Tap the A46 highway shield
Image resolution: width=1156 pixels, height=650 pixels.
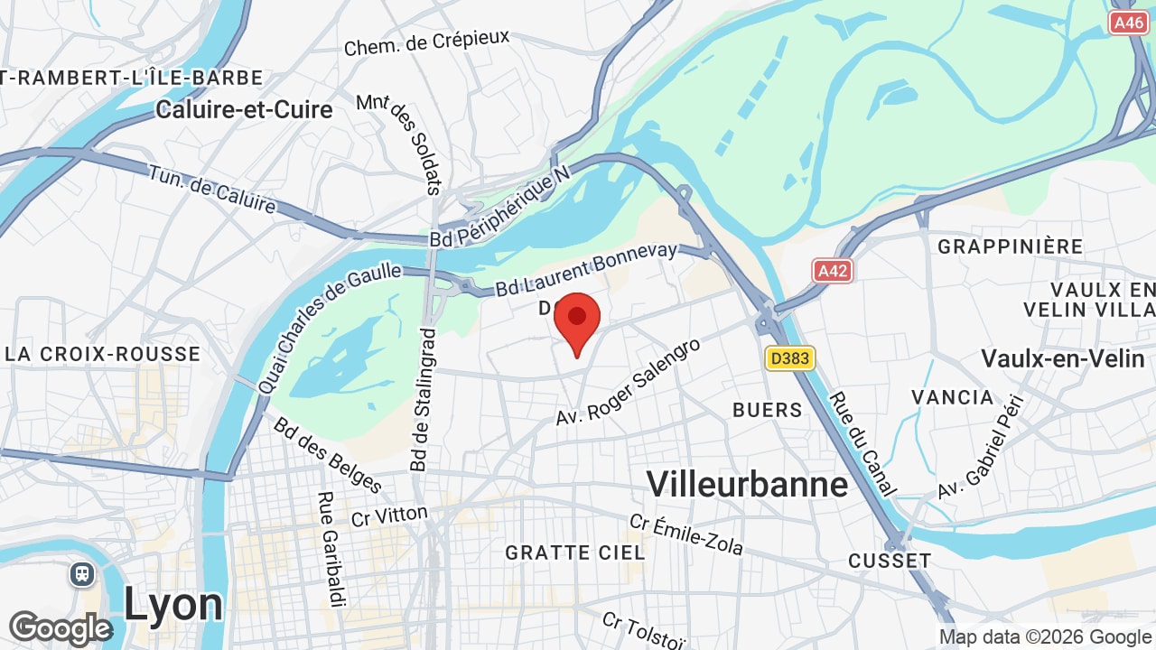point(1128,23)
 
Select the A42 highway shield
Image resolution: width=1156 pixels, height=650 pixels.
point(832,271)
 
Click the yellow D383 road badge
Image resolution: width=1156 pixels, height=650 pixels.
point(790,358)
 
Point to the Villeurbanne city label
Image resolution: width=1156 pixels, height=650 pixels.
point(747,485)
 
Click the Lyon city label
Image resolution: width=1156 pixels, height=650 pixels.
point(172,604)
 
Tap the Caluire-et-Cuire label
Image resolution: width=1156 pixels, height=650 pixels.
point(244,109)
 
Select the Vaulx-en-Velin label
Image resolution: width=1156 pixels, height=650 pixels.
point(1062,358)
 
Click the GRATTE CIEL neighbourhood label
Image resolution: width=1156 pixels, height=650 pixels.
point(575,552)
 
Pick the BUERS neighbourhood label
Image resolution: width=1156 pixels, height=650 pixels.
point(767,410)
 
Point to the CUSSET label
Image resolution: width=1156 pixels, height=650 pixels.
point(890,561)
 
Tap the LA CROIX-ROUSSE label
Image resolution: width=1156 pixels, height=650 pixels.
point(101,354)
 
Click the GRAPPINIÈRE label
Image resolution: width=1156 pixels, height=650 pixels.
point(1010,246)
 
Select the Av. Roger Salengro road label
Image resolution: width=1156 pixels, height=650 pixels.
point(629,383)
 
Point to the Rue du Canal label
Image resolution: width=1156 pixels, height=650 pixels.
point(862,443)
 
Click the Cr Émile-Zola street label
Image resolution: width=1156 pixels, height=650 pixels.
point(686,534)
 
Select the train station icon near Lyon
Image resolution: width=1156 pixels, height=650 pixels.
point(82,574)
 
